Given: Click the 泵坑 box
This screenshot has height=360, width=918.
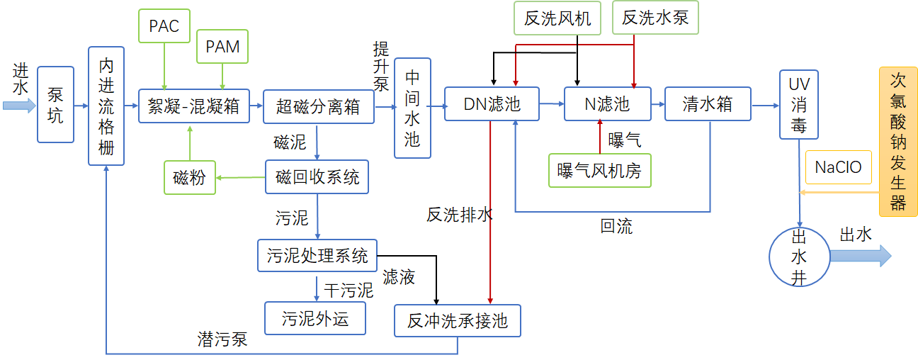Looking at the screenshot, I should (55, 105).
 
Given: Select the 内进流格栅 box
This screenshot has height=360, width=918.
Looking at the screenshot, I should (106, 106).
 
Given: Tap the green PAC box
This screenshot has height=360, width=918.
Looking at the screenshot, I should (164, 26).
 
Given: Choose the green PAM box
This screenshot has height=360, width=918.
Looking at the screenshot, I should (222, 47).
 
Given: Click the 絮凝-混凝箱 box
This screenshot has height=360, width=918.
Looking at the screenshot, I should (193, 106).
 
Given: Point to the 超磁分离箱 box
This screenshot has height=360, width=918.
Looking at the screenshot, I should (318, 106).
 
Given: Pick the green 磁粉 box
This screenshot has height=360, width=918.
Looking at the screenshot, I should (189, 177).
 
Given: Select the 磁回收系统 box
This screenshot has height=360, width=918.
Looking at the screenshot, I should (317, 177).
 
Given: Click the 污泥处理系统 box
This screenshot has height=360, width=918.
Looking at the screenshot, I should (317, 255).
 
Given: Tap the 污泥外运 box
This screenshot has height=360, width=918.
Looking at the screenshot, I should (315, 318).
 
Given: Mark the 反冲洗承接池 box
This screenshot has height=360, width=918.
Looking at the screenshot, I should (458, 320).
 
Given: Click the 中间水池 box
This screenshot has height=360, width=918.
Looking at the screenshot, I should (412, 108).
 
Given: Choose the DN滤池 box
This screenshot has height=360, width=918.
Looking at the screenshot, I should (492, 104).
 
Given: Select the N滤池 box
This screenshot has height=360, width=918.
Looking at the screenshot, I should (606, 104).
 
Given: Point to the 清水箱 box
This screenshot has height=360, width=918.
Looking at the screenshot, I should (707, 104).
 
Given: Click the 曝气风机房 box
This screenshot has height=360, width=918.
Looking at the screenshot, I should (599, 170).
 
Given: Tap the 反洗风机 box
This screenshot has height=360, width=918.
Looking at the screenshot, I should (557, 18).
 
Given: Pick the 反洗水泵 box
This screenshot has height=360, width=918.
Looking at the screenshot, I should (655, 18).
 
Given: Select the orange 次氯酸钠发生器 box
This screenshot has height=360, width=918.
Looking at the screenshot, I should (898, 141).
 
